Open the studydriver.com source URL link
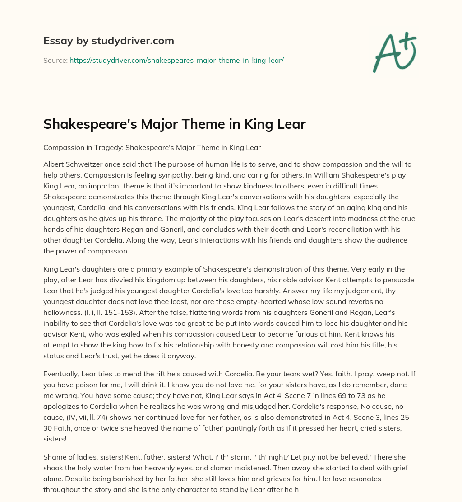pyautogui.click(x=176, y=60)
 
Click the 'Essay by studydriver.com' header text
pyautogui.click(x=109, y=41)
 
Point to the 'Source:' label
pyautogui.click(x=55, y=60)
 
